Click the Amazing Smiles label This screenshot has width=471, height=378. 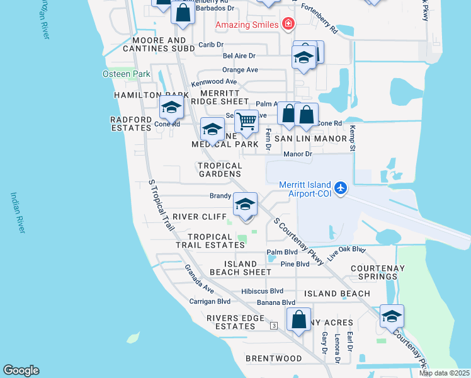pyautogui.click(x=247, y=25)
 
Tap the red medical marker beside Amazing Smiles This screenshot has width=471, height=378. pyautogui.click(x=288, y=24)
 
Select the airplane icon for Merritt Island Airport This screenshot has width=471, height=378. pyautogui.click(x=341, y=188)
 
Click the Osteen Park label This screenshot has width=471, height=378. pyautogui.click(x=127, y=74)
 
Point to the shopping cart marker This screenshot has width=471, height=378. pyautogui.click(x=246, y=120)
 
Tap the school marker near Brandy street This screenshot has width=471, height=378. pyautogui.click(x=245, y=204)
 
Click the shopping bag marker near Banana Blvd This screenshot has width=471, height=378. pyautogui.click(x=299, y=318)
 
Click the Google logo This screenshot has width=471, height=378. pyautogui.click(x=21, y=370)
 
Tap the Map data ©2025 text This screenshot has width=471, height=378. pyautogui.click(x=444, y=373)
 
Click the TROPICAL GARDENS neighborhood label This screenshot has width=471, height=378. pyautogui.click(x=220, y=169)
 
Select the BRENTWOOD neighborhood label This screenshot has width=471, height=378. pyautogui.click(x=274, y=358)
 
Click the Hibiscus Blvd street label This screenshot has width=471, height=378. pyautogui.click(x=262, y=291)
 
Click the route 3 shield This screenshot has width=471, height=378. pyautogui.click(x=274, y=326)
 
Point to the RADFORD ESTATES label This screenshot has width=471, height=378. pyautogui.click(x=131, y=123)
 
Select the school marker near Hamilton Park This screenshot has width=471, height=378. pyautogui.click(x=171, y=107)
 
